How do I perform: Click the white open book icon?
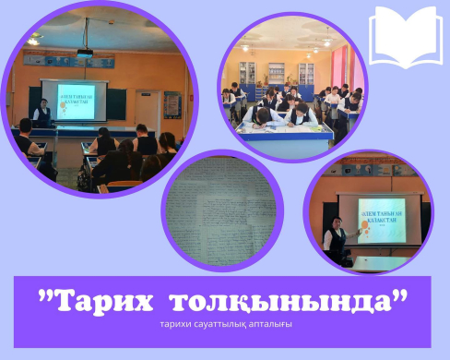pyautogui.click(x=406, y=35)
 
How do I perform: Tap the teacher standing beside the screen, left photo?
pyautogui.click(x=41, y=114)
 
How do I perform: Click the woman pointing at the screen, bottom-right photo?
pyautogui.click(x=334, y=235)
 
